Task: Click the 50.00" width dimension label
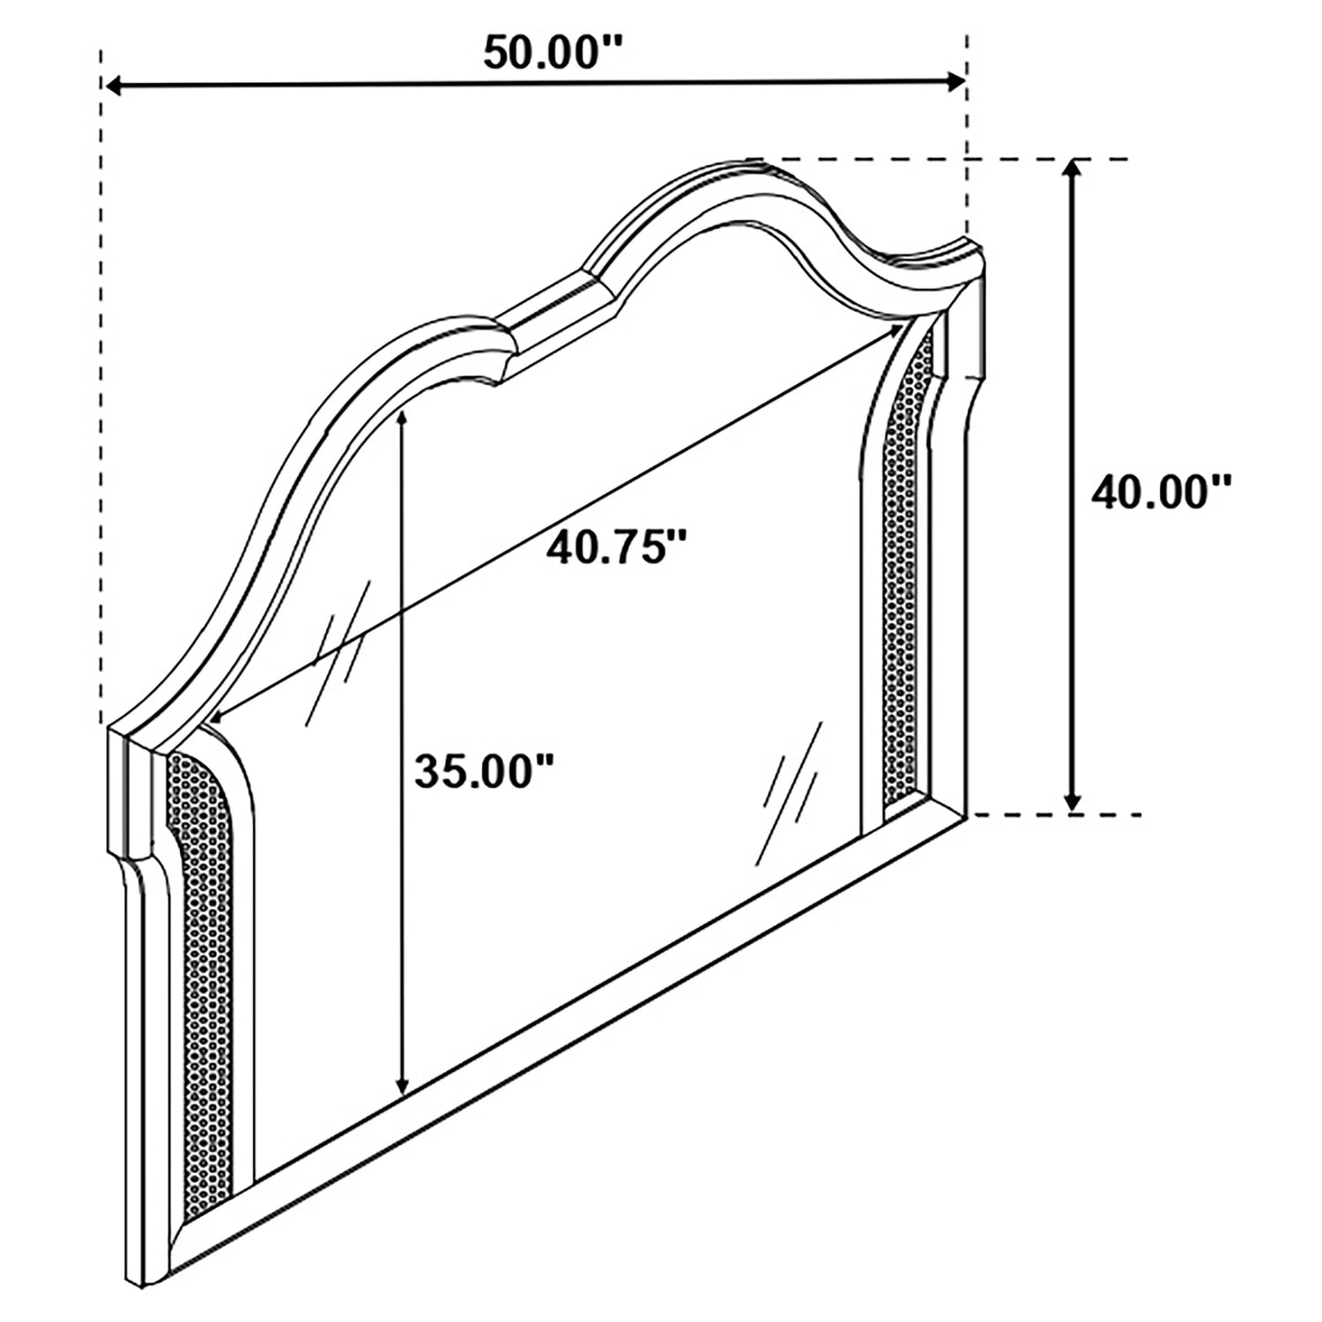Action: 553,52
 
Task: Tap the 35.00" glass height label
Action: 484,772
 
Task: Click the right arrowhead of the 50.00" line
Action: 955,83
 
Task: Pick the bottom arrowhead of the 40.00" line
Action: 1072,800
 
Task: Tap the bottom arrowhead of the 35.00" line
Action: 402,1087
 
